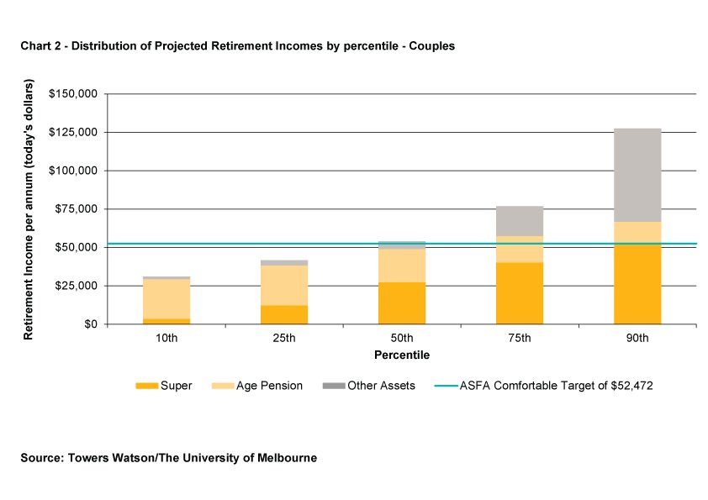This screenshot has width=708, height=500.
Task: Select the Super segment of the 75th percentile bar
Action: coord(520,293)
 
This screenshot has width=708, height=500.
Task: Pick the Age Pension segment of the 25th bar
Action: coord(284,285)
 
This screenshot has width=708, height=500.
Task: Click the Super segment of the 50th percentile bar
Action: coord(402,303)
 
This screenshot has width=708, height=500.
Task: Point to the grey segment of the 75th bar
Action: coord(520,221)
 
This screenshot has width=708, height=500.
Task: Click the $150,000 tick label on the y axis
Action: coord(74,93)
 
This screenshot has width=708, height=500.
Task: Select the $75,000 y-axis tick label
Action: coord(77,209)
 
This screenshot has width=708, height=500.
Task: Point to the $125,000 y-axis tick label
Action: coord(74,132)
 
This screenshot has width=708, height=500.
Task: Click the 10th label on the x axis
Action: coord(166,339)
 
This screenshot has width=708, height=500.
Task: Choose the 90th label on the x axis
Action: coord(637,339)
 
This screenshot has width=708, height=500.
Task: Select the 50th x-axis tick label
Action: coord(402,339)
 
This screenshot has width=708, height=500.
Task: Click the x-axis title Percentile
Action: coord(402,355)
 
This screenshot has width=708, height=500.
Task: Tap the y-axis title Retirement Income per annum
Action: coord(29,210)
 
